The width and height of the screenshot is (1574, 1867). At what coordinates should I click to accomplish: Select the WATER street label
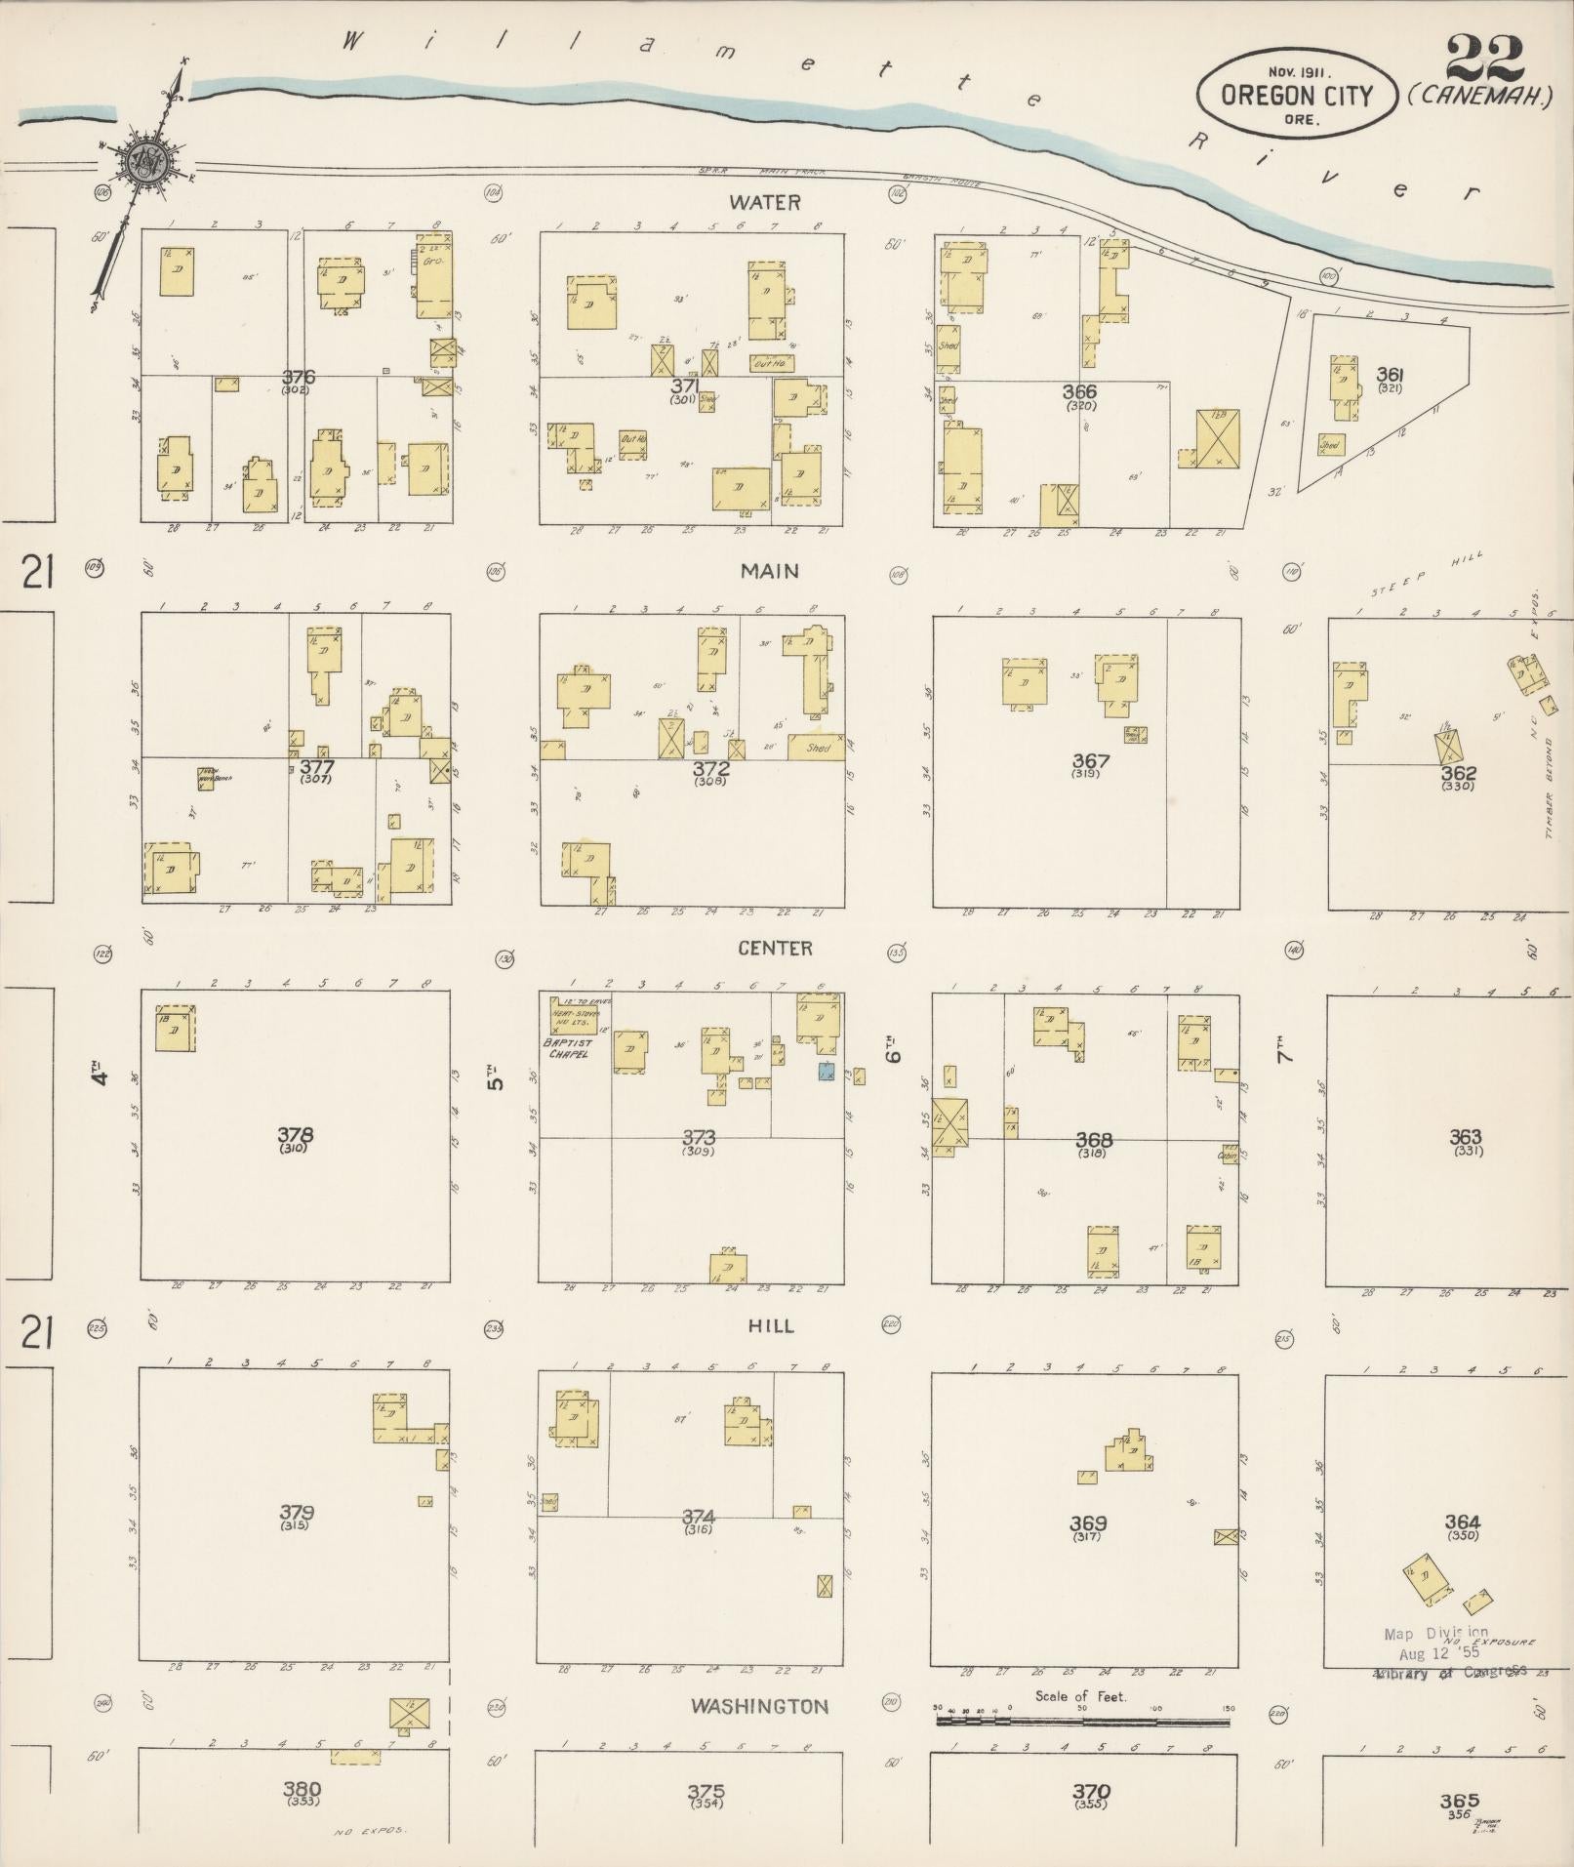[764, 203]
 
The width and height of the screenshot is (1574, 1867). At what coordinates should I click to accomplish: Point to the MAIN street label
[770, 571]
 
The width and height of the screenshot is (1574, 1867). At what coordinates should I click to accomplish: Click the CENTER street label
[775, 948]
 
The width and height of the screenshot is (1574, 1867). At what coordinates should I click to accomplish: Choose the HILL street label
[772, 1325]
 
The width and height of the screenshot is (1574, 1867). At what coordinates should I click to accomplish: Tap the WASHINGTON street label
[759, 1706]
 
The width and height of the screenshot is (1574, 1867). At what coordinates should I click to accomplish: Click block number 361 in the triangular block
[1390, 374]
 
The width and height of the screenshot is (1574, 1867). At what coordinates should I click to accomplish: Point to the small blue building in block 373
[827, 1072]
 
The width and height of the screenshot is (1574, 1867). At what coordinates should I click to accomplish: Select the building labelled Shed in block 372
[816, 747]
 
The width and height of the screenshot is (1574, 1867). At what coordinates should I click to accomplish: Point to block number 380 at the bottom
[302, 1788]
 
